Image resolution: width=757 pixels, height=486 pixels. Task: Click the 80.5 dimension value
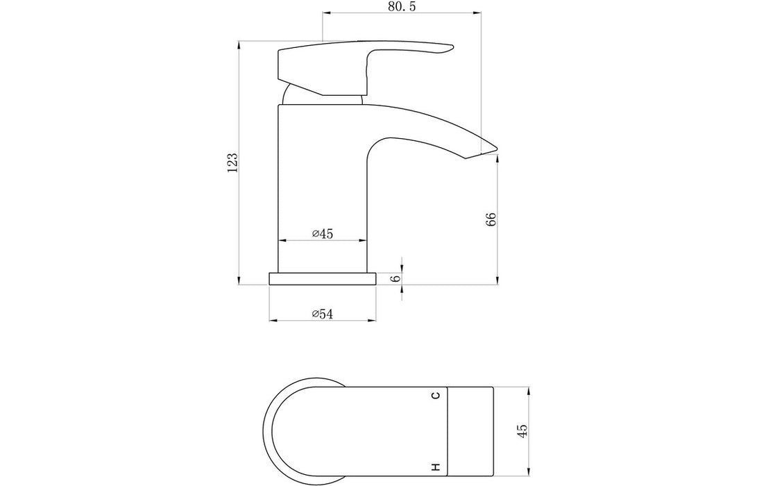click(402, 6)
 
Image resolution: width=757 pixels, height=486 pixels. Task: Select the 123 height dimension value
click(232, 162)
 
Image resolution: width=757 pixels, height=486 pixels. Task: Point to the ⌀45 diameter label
click(323, 234)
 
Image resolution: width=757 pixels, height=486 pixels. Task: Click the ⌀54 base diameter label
click(323, 314)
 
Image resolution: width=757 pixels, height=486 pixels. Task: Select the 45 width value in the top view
click(522, 430)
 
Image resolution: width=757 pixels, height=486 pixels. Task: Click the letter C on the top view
click(436, 396)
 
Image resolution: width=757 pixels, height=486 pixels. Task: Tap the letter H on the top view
click(436, 467)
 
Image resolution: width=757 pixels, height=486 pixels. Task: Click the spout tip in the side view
click(496, 147)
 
